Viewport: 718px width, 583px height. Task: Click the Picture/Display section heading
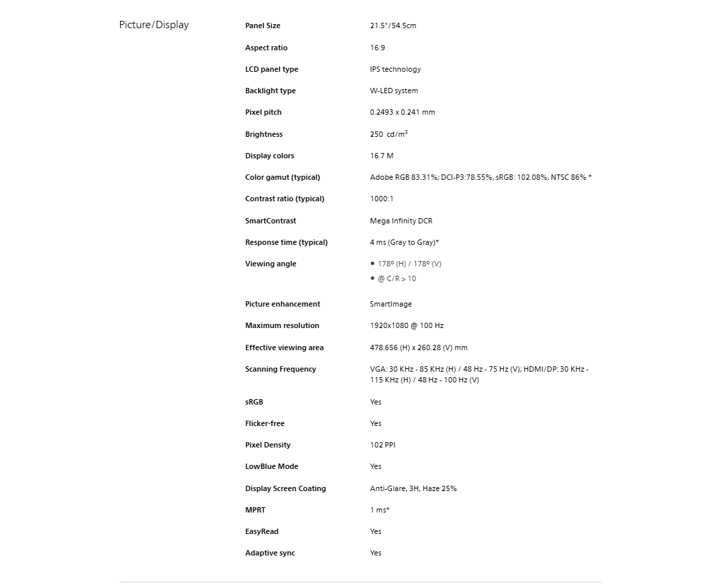coord(154,25)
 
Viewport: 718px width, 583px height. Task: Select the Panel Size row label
coord(263,26)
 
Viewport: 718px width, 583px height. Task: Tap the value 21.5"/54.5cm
coord(393,26)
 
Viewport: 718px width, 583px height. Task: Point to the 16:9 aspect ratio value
coord(377,48)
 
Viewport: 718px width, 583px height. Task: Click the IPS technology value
coord(395,69)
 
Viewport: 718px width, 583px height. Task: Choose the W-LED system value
coord(394,91)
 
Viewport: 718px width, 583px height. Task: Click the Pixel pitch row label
coord(264,112)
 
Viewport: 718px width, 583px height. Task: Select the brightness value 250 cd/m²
coord(389,134)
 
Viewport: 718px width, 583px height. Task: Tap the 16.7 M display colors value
coord(382,156)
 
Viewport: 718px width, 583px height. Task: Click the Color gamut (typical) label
coord(283,177)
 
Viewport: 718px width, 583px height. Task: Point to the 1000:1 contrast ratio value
coord(382,199)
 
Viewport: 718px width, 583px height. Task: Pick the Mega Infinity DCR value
coord(401,221)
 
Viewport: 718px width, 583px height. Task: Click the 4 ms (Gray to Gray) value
coord(404,242)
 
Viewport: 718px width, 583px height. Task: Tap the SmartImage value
coord(391,304)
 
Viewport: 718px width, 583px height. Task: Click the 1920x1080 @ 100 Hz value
coord(407,325)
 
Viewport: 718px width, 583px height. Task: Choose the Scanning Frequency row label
coord(280,369)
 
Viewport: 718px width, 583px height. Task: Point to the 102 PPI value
coord(382,445)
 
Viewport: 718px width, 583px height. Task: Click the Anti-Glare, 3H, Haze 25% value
coord(413,488)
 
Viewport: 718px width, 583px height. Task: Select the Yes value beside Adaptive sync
coord(376,553)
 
